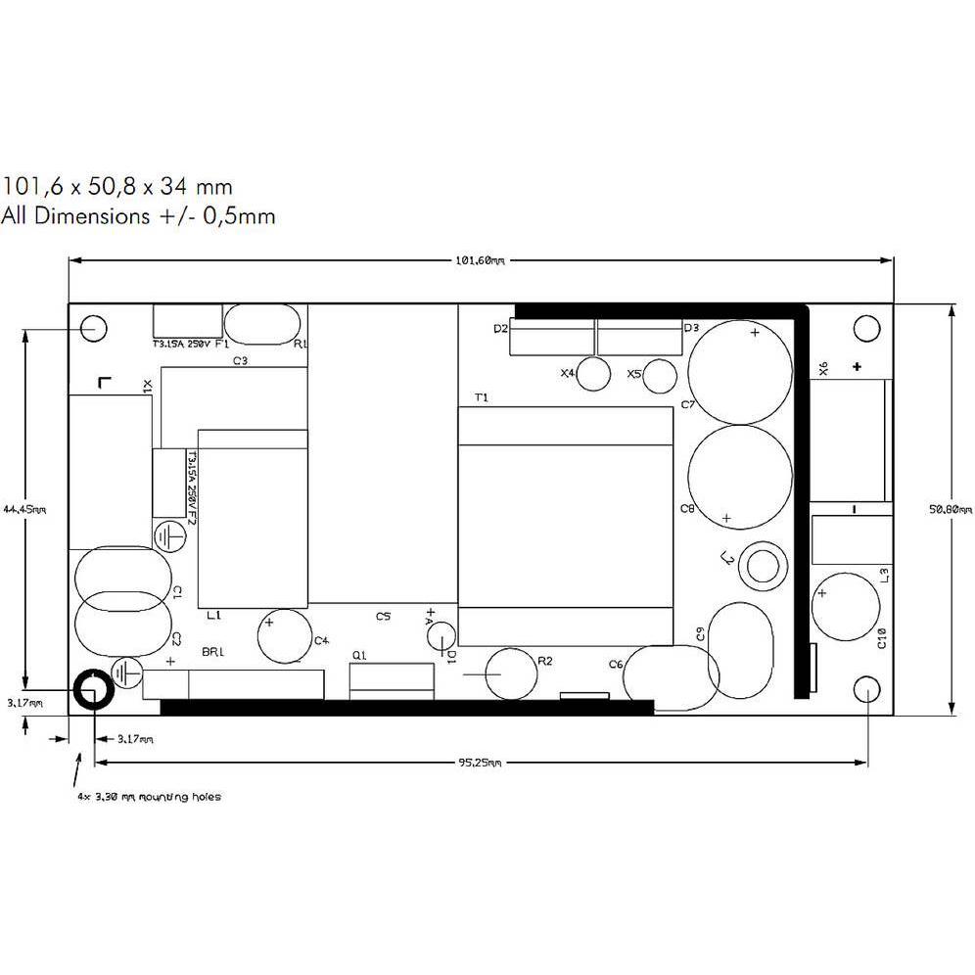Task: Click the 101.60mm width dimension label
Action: [480, 260]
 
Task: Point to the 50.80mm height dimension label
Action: [952, 509]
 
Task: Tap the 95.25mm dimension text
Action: [480, 763]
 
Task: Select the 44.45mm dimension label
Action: [24, 509]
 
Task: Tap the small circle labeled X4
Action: [594, 374]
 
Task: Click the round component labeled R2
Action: [511, 673]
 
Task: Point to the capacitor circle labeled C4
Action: [284, 636]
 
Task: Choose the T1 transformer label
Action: [481, 397]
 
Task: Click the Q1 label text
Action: [358, 655]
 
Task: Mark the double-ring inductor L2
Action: [763, 565]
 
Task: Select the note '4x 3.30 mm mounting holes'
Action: [149, 797]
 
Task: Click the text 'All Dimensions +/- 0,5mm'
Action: [138, 216]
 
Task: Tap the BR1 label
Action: [212, 652]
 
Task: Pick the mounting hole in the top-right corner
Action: [866, 328]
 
